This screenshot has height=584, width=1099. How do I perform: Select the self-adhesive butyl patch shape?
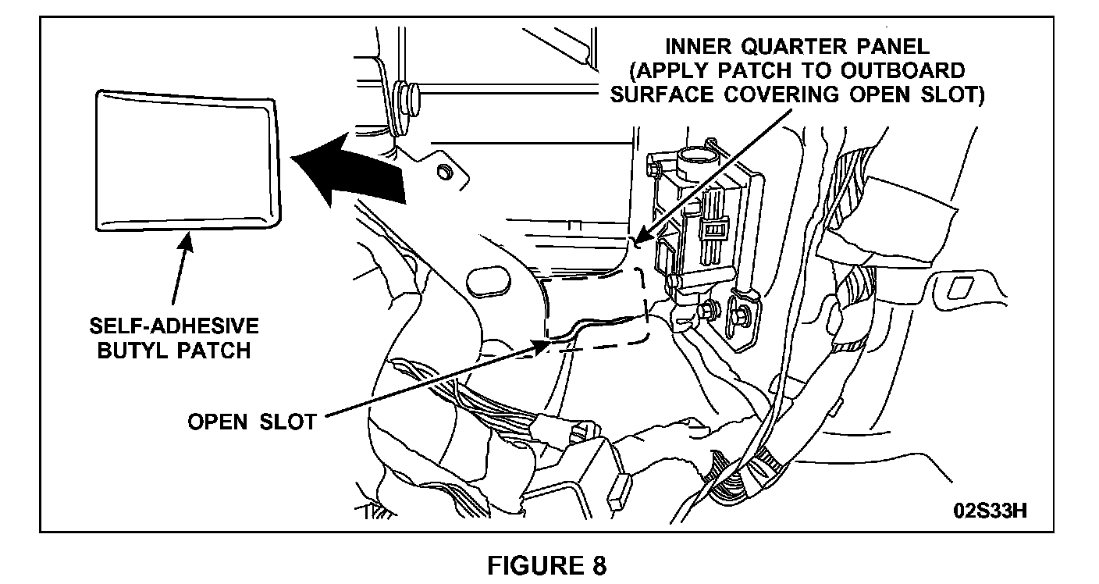(186, 162)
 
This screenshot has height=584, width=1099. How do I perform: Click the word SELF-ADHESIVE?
(174, 326)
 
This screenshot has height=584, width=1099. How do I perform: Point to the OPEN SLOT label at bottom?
(251, 421)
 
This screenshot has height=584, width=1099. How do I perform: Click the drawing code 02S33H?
(989, 511)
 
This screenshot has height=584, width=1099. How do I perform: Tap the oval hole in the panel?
(489, 281)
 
